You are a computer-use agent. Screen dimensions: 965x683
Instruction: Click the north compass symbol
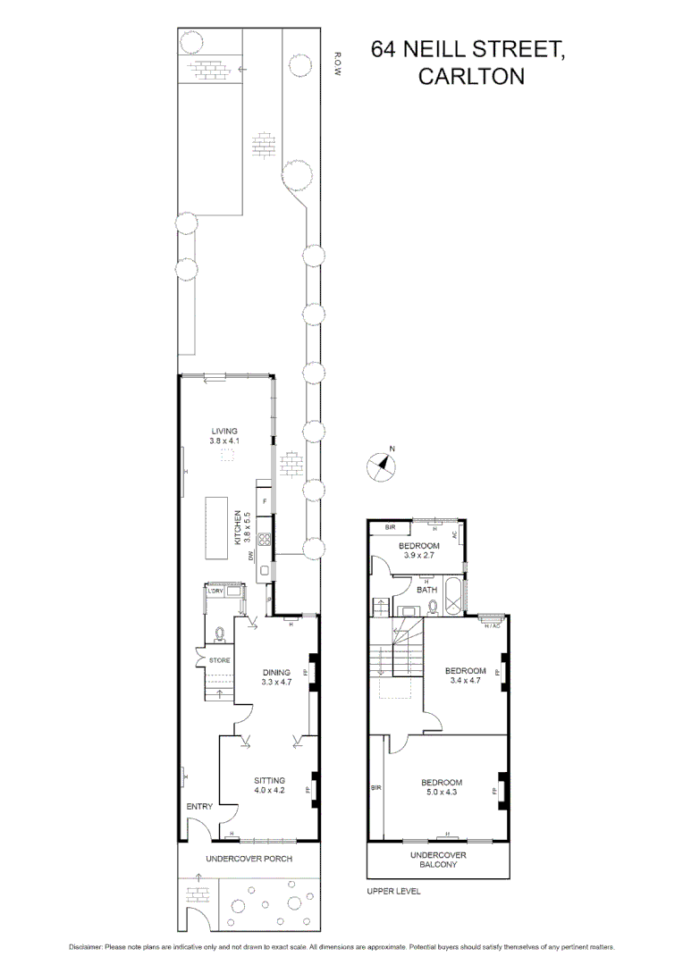click(384, 466)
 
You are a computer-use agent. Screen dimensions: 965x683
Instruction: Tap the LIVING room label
click(223, 431)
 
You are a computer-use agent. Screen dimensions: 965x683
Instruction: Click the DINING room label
click(276, 672)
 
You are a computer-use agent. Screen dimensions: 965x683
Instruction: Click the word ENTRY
click(199, 807)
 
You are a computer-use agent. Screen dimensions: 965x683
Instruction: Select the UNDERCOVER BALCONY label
click(438, 860)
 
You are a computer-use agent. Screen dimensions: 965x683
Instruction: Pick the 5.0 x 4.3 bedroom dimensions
click(443, 793)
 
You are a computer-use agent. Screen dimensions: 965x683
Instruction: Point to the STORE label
click(219, 660)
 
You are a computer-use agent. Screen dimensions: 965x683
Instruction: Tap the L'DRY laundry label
click(215, 592)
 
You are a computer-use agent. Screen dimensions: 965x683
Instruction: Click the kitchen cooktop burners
click(265, 539)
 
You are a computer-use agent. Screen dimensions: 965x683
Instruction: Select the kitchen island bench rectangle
click(218, 525)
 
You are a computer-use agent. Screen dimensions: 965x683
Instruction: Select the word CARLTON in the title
click(471, 78)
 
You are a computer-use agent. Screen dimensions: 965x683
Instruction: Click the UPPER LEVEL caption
click(393, 891)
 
